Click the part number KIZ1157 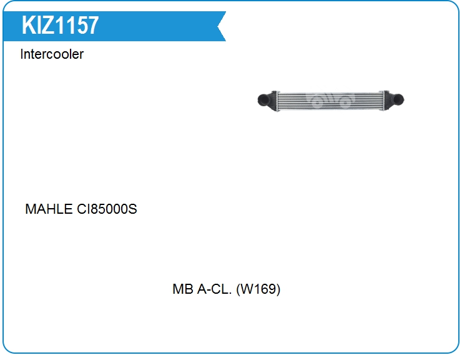(60, 26)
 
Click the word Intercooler (52, 54)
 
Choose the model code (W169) (258, 290)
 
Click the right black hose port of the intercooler (398, 99)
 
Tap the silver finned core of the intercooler (331, 100)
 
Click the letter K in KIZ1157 (28, 26)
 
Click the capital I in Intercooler (22, 54)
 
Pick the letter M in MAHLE (31, 209)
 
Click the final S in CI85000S (132, 209)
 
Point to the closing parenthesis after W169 (278, 290)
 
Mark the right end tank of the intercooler (387, 99)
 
